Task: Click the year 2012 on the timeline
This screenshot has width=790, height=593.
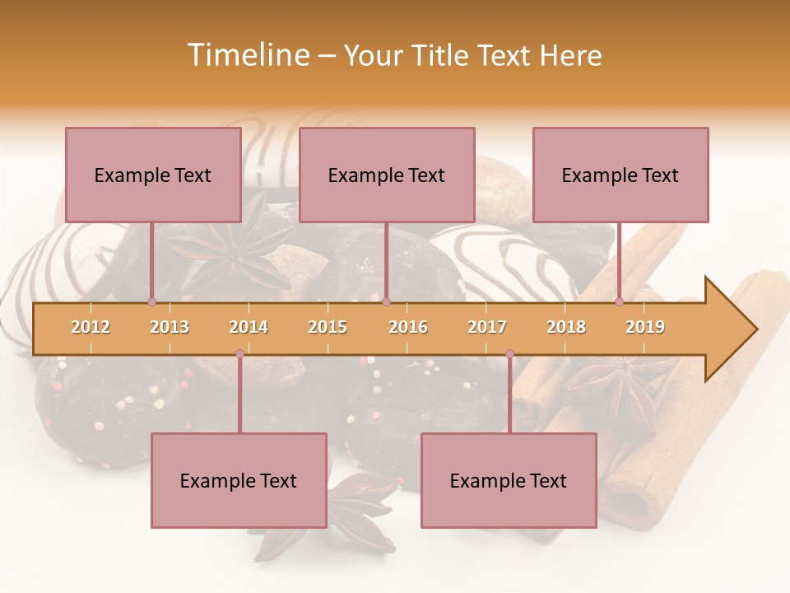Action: tap(91, 327)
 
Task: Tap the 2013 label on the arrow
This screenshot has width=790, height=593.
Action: tap(170, 327)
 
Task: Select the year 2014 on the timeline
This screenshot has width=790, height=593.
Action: tap(249, 327)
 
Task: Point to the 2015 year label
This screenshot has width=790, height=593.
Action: tap(328, 327)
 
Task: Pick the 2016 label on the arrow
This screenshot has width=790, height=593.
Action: tap(408, 327)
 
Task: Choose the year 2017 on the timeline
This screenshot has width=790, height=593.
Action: tap(487, 327)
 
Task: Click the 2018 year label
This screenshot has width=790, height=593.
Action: tap(566, 327)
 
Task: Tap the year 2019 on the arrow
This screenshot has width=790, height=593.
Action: tap(645, 327)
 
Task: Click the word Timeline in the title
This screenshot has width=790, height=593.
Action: tap(246, 55)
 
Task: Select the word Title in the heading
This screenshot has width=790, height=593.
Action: tap(443, 55)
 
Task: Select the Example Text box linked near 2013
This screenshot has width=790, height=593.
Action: tap(153, 175)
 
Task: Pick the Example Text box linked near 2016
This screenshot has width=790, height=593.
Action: tap(387, 175)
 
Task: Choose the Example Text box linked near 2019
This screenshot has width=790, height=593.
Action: tap(620, 175)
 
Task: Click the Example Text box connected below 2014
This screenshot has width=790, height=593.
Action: tap(239, 480)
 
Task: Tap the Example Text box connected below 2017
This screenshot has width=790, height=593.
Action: tap(509, 480)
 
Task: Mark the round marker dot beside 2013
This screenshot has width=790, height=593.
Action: tap(151, 301)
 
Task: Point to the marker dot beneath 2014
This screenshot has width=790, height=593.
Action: tap(239, 354)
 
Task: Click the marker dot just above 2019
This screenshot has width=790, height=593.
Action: tap(620, 301)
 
